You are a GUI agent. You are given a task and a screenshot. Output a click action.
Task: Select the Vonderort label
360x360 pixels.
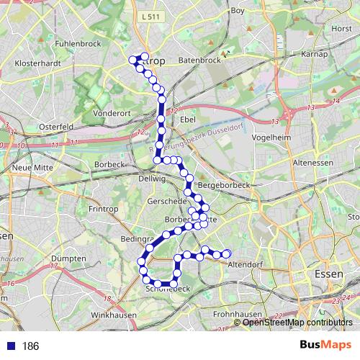[111, 113]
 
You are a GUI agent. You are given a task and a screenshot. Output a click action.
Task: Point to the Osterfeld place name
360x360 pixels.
[56, 127]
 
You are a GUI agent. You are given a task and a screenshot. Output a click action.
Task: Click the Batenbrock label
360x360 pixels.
[199, 60]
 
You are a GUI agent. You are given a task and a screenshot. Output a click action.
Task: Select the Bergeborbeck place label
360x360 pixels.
[222, 185]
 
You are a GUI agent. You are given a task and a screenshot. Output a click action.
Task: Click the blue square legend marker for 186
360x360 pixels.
[10, 346]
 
